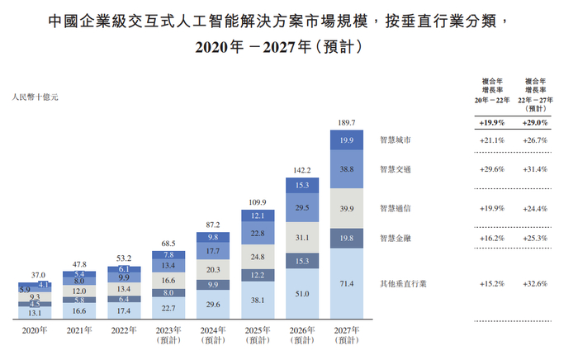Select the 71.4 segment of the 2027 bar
[347, 284]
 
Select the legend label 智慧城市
[394, 140]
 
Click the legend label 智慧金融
[394, 239]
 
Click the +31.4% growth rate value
[536, 169]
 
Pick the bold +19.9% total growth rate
[492, 122]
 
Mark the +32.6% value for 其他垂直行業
[536, 284]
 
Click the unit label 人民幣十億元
[36, 97]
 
